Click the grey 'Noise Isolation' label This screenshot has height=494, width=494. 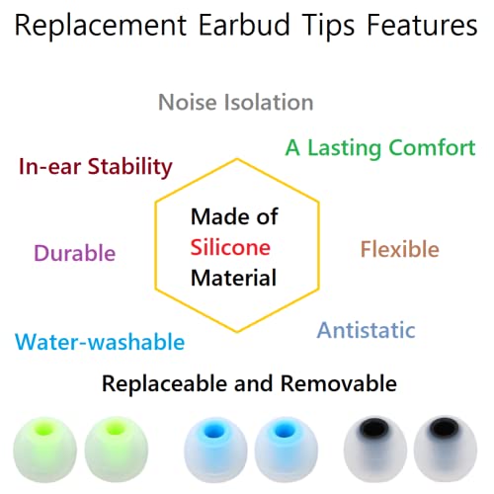pos(235,102)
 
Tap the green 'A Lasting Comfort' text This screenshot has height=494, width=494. pos(380,147)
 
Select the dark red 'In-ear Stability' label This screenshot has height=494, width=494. pos(95,165)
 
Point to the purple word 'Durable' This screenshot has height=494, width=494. pos(74,253)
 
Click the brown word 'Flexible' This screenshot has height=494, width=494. pos(399,249)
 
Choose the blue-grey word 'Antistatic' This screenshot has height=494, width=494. pos(366,330)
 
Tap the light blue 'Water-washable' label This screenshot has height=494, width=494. pos(100,342)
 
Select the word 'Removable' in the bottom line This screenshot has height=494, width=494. pos(342,382)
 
